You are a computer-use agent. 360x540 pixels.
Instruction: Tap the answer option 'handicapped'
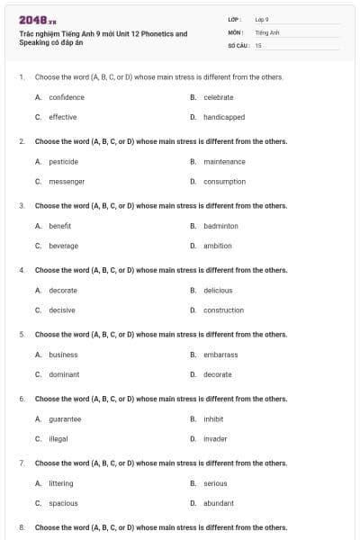224,117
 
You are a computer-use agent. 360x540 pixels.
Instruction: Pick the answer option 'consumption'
224,182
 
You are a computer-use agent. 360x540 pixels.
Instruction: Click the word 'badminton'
220,226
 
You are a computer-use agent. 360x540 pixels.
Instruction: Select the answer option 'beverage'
64,246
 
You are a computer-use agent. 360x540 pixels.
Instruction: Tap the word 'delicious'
218,291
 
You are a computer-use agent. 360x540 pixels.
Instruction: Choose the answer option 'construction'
223,310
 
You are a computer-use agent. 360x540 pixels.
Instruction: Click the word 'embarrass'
220,355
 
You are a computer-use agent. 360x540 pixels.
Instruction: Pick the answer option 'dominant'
64,374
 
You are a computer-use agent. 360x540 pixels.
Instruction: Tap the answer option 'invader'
216,438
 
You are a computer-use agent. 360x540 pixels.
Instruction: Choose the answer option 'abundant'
219,503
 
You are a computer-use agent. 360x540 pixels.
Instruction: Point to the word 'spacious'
63,503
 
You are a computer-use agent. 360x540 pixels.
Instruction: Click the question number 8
21,527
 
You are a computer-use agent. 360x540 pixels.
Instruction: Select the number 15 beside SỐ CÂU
258,44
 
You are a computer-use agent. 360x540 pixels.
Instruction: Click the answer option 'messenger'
67,182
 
